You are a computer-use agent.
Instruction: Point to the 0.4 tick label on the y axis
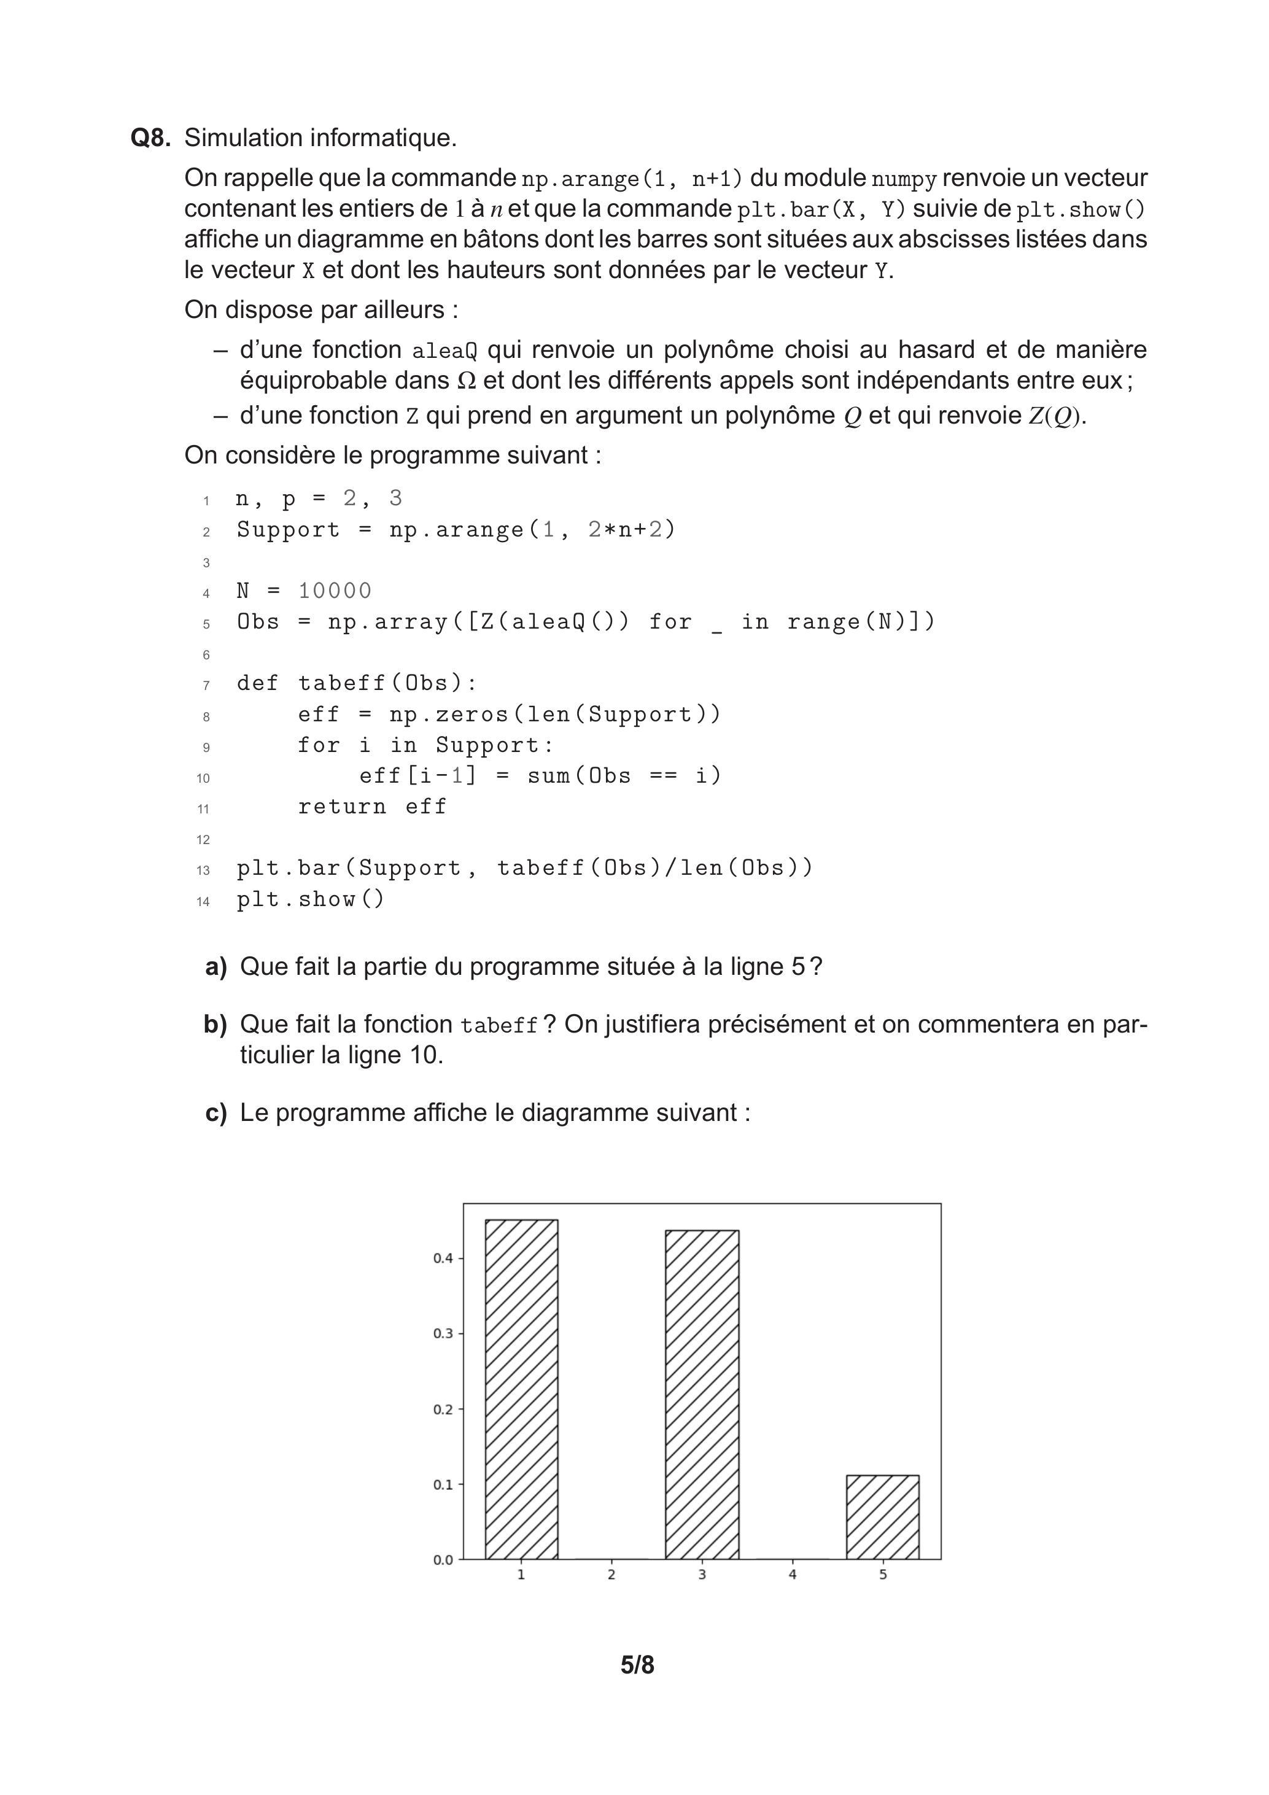click(x=443, y=1258)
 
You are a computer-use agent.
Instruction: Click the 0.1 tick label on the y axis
click(x=443, y=1484)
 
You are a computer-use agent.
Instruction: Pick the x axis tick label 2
click(x=611, y=1575)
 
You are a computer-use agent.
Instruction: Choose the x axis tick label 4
click(x=792, y=1575)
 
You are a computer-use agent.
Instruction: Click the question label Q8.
click(x=150, y=138)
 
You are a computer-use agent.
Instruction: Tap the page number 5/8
click(x=637, y=1665)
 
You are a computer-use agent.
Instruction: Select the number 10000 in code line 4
click(x=335, y=591)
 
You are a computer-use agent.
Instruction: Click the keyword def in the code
click(x=257, y=683)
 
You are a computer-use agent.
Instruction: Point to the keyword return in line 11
click(x=342, y=806)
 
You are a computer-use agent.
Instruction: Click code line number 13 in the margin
click(x=203, y=870)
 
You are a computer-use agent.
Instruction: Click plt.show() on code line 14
click(x=311, y=900)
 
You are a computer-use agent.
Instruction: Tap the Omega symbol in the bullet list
click(x=466, y=381)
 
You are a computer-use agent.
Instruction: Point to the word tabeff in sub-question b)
click(x=499, y=1026)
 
